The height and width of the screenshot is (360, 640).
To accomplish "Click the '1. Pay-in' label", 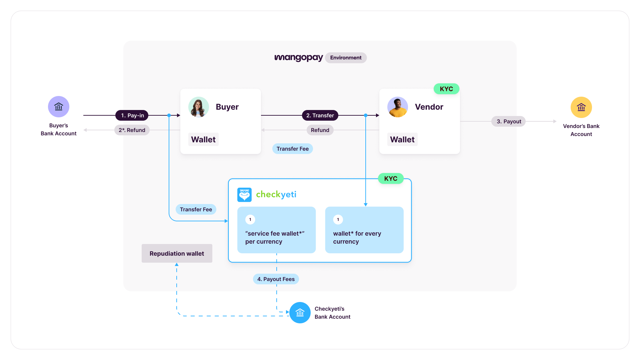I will point(132,115).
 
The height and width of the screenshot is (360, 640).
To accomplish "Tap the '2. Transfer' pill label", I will point(320,115).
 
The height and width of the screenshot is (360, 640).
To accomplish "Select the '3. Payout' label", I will point(508,121).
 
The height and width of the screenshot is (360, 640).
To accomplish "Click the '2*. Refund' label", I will point(132,130).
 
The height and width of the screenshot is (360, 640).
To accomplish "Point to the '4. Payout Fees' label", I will point(276,279).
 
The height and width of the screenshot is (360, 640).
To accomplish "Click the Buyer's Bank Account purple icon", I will point(59,107).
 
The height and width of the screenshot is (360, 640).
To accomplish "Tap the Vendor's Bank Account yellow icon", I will point(581,107).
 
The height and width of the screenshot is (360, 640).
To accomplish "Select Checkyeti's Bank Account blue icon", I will point(300,313).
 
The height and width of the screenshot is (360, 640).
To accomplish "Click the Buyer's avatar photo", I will point(199,107).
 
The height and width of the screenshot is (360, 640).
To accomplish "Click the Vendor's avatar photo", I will point(397,107).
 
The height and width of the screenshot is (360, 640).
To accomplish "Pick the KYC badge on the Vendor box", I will point(446,89).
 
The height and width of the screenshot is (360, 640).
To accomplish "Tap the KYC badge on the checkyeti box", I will point(391,178).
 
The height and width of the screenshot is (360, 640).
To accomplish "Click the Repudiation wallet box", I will point(177,253).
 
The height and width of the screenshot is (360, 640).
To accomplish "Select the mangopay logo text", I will point(298,58).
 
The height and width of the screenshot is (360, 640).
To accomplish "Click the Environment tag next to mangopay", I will point(346,58).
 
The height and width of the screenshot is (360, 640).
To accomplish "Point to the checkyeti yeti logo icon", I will point(244,195).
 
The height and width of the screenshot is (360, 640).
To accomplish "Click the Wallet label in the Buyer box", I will point(203,139).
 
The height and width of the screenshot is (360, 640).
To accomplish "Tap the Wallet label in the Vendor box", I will point(402,139).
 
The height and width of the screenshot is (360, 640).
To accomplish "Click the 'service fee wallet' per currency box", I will point(276,230).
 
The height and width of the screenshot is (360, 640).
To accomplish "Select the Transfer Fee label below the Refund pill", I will point(292,149).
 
